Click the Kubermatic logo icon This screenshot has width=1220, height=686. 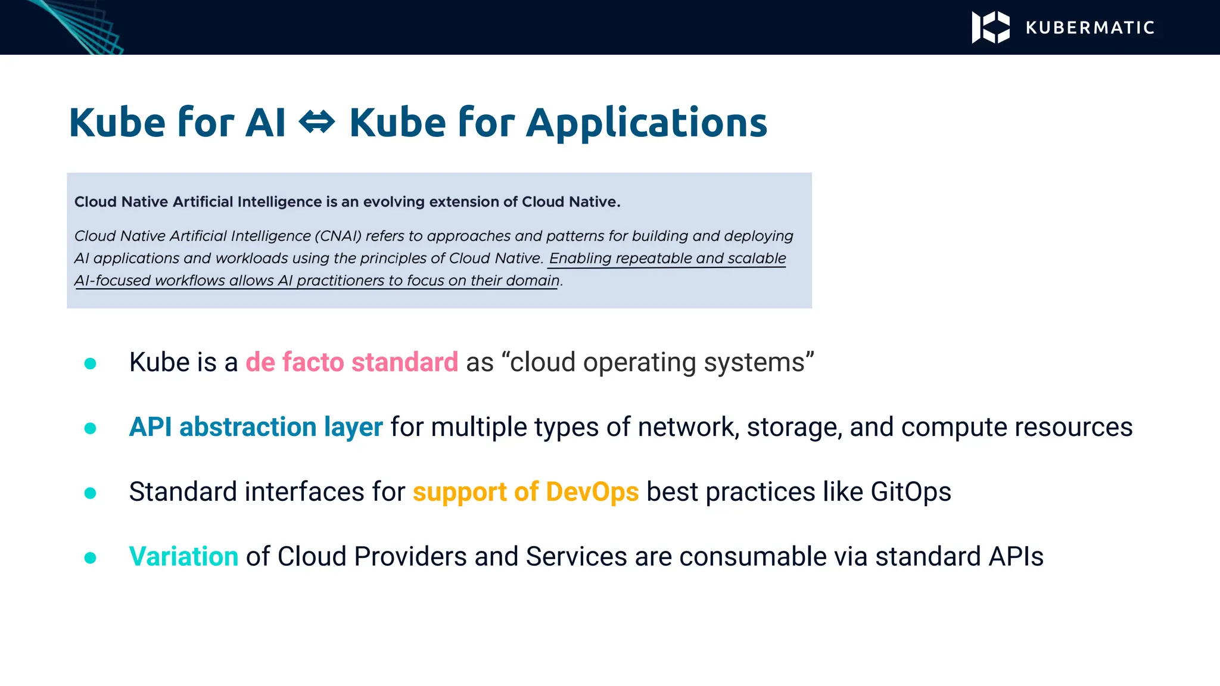point(990,27)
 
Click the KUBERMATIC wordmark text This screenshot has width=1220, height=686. point(1090,28)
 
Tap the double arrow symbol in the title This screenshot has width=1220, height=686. point(317,123)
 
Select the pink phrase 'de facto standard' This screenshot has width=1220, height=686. point(351,362)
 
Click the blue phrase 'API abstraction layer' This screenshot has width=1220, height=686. point(256,427)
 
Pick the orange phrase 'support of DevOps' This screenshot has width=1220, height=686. point(525,492)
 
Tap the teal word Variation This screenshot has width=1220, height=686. point(183,557)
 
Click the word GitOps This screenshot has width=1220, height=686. point(910,492)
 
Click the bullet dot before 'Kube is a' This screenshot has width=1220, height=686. point(91,363)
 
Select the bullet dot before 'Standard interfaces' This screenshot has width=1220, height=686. point(91,493)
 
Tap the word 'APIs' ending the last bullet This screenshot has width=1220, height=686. point(1016,557)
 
